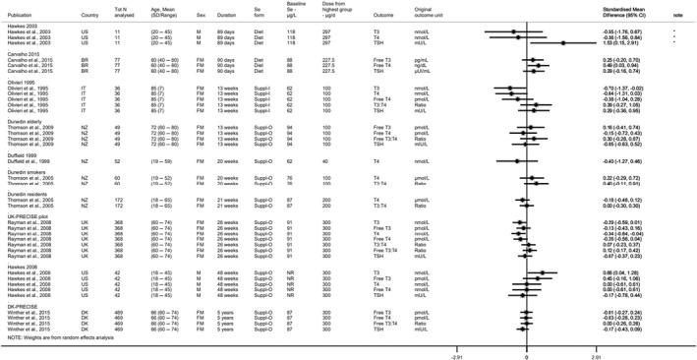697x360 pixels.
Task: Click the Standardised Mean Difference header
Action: tap(630, 11)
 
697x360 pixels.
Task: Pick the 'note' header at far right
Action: tap(678, 14)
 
